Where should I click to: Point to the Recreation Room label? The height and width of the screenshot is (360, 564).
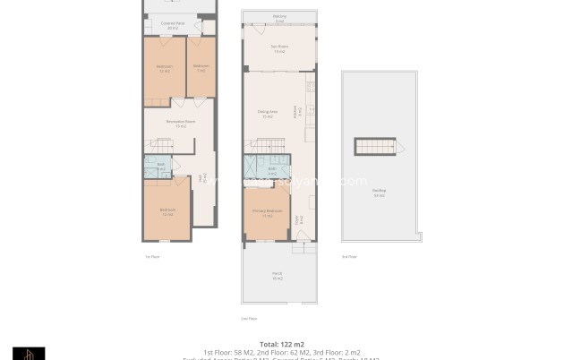(x=180, y=124)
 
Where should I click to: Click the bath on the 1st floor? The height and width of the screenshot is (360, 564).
(x=161, y=166)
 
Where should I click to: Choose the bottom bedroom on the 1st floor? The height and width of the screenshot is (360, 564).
(x=167, y=212)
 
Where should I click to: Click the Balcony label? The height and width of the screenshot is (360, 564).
(x=279, y=17)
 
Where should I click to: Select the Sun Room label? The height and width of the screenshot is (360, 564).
(x=279, y=48)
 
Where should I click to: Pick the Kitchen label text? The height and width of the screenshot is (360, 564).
(x=296, y=112)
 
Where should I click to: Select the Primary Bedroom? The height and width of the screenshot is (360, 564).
(x=267, y=212)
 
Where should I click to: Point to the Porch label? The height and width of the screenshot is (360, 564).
(x=278, y=276)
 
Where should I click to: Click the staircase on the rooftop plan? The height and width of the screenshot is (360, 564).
(x=375, y=147)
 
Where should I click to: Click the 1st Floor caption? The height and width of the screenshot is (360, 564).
(x=152, y=257)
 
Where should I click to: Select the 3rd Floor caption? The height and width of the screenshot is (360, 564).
(x=348, y=257)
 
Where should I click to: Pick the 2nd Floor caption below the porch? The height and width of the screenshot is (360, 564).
(x=249, y=318)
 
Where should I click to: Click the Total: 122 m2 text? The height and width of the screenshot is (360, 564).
(x=281, y=344)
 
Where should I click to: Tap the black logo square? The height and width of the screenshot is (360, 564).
(x=29, y=354)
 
